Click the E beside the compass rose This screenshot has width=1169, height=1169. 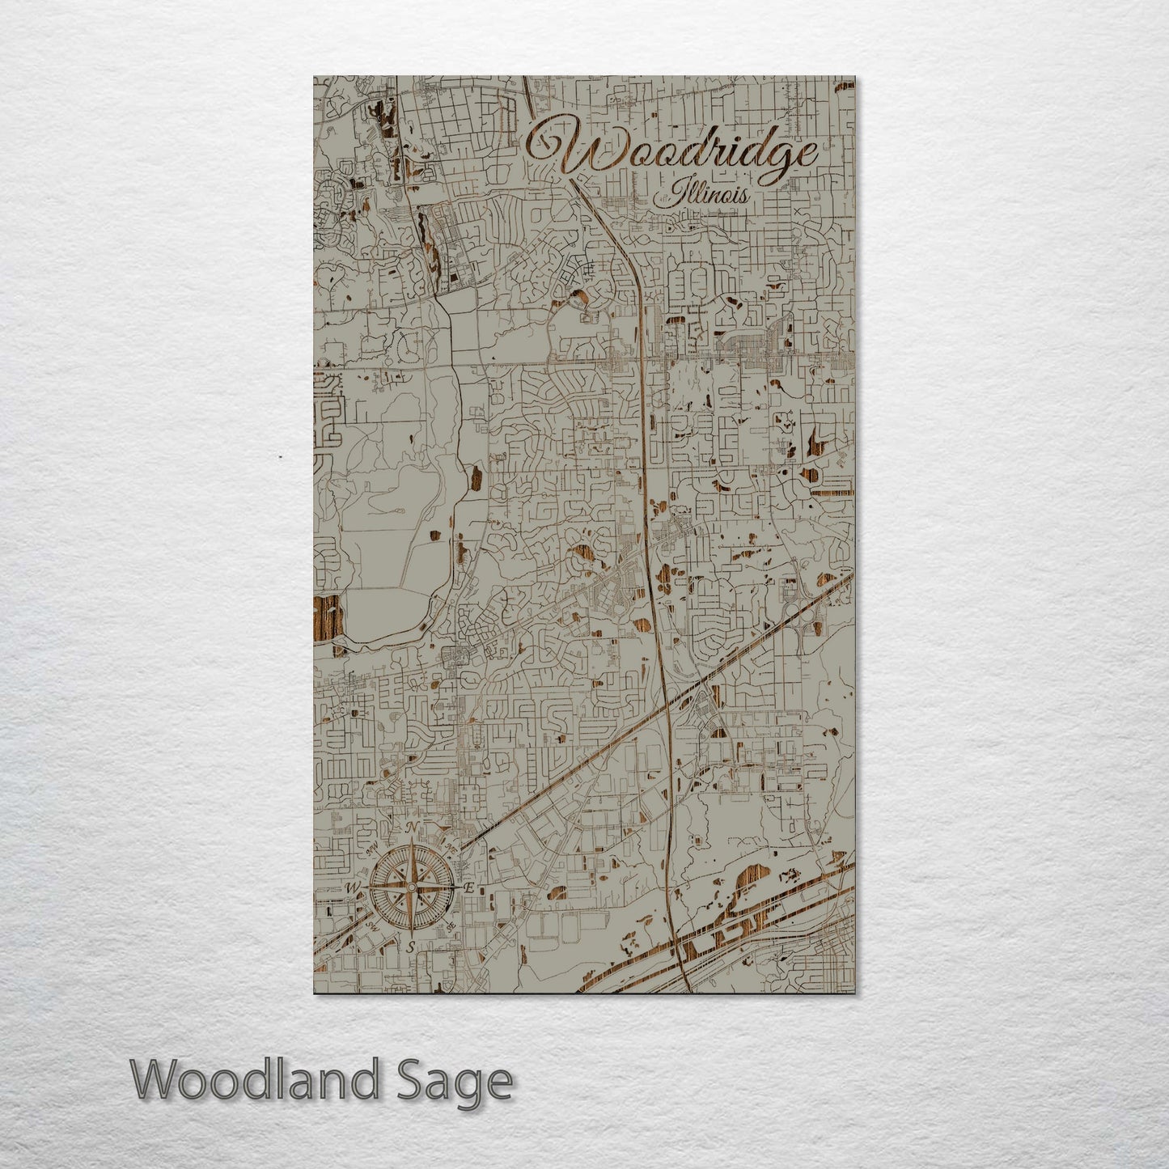click(468, 887)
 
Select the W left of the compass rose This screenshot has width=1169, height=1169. click(353, 888)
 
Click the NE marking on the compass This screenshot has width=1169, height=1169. click(450, 848)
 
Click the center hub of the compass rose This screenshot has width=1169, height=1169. click(411, 887)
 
